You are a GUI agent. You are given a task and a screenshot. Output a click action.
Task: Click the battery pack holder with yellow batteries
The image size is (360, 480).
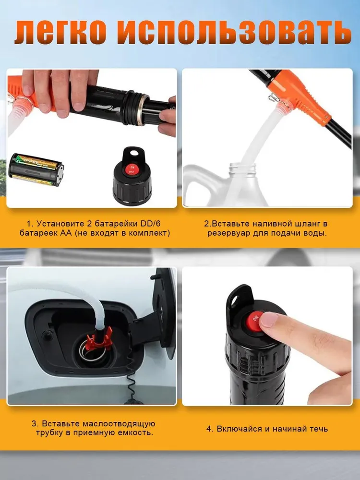tap(36, 169)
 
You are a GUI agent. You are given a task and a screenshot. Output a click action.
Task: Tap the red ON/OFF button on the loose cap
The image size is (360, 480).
tap(132, 169)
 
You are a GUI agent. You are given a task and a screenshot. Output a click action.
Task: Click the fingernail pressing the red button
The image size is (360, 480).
tap(268, 320)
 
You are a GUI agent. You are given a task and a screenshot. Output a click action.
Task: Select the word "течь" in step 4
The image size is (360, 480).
tap(318, 429)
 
